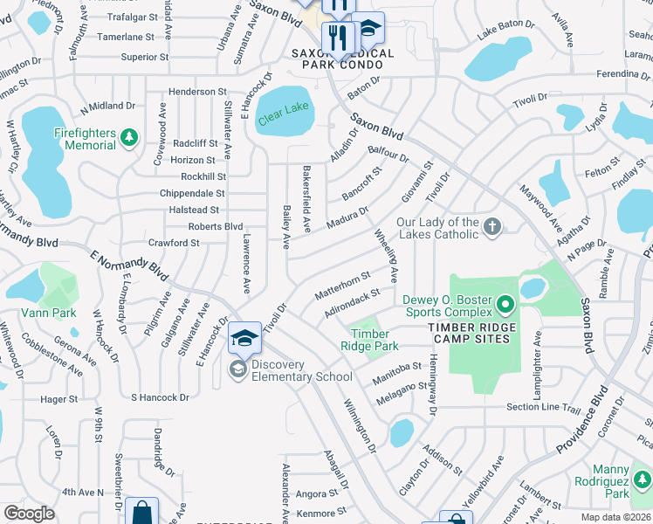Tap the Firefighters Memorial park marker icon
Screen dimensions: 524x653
(x=129, y=137)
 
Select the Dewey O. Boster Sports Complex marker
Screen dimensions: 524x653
(x=505, y=305)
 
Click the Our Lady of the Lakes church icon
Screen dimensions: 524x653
(x=492, y=227)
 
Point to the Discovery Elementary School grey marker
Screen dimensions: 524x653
(x=237, y=369)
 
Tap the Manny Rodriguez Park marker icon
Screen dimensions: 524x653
(x=642, y=479)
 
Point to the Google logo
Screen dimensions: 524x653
(x=29, y=514)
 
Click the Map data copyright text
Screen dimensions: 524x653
(x=615, y=517)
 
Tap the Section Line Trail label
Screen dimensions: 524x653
(x=543, y=408)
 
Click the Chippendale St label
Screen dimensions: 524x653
(x=192, y=193)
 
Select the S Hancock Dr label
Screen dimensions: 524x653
(x=160, y=397)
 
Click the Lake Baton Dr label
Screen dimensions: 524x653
(x=505, y=33)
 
